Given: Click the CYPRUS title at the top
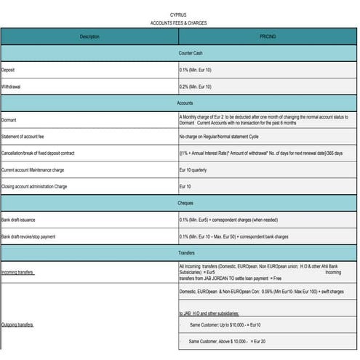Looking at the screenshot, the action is pyautogui.click(x=177, y=15).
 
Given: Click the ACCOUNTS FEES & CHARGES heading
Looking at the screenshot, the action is pyautogui.click(x=177, y=23).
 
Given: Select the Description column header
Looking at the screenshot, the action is pyautogui.click(x=89, y=36).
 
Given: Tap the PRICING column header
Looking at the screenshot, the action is pyautogui.click(x=268, y=36).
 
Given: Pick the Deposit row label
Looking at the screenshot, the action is pyautogui.click(x=8, y=70).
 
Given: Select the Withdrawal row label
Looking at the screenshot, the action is pyautogui.click(x=12, y=87).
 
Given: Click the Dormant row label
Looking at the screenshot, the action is pyautogui.click(x=9, y=120).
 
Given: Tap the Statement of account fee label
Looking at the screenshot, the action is pyautogui.click(x=26, y=137).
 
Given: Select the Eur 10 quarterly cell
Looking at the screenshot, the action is pyautogui.click(x=193, y=170).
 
